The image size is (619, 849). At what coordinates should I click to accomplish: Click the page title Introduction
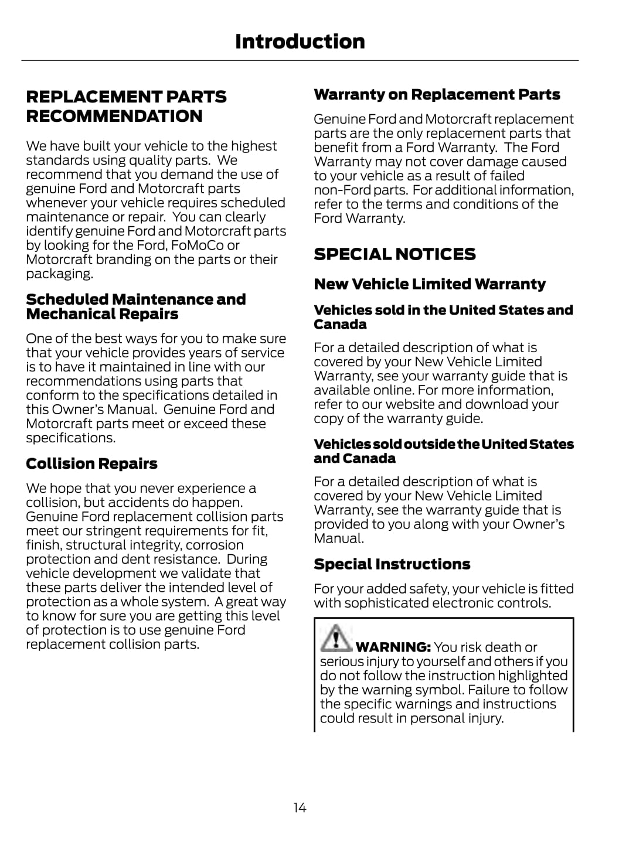(x=300, y=42)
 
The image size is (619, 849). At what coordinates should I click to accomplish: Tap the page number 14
(x=300, y=808)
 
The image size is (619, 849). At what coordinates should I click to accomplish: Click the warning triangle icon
(x=335, y=639)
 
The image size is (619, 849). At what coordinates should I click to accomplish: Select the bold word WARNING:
(x=393, y=647)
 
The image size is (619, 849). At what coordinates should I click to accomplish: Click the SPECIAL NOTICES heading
(x=394, y=254)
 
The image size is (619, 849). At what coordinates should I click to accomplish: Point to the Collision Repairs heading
(x=91, y=464)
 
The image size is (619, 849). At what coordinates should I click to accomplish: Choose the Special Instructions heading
(x=392, y=564)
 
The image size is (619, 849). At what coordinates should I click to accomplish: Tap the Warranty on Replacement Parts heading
(x=437, y=95)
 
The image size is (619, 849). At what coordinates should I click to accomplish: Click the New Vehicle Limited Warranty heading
(x=429, y=284)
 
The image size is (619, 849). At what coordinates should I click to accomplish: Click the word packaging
(x=59, y=274)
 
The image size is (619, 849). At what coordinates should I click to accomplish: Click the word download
(x=495, y=404)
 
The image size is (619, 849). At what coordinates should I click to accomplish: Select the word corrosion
(x=215, y=545)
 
